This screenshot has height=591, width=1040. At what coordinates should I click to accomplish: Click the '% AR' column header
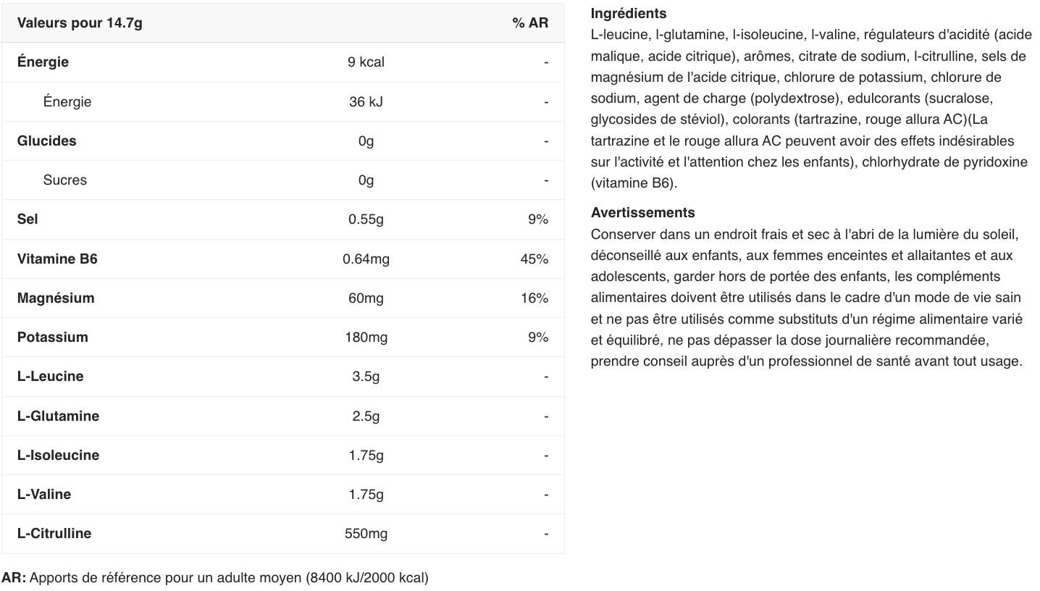529,23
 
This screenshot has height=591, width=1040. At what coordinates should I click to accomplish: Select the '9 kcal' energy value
366,62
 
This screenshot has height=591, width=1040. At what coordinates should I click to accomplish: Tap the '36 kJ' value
366,102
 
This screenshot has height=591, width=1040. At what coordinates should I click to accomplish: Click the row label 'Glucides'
46,141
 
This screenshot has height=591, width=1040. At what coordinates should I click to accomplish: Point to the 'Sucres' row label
64,180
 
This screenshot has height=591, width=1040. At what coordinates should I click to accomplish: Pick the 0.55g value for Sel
366,219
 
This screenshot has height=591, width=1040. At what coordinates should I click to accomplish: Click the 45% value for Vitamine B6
534,259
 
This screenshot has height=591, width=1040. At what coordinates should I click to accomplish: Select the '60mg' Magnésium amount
366,298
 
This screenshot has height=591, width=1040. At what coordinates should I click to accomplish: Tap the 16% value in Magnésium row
534,298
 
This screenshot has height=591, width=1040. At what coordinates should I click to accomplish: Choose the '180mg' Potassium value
366,338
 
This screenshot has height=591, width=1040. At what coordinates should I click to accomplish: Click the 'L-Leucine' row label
50,377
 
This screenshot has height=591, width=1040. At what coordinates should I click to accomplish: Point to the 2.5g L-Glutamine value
366,416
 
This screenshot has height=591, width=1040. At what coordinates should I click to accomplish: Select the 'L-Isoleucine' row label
58,456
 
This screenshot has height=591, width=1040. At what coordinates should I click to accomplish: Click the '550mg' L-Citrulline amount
366,534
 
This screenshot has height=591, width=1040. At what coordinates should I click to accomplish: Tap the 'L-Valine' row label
44,495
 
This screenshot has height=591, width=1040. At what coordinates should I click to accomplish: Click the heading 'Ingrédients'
628,14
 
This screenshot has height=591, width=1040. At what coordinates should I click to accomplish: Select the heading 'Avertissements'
642,213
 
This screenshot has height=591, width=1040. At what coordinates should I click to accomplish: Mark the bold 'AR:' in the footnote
14,578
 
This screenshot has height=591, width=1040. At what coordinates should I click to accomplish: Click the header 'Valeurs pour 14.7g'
80,23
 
